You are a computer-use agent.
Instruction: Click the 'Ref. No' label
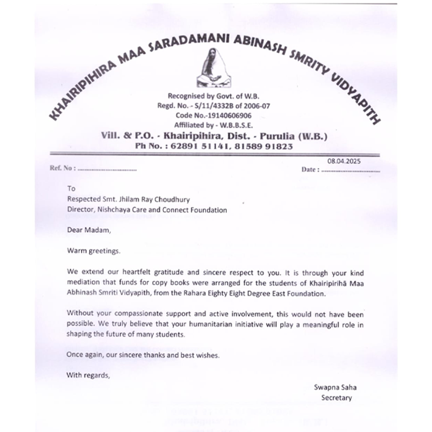coord(60,169)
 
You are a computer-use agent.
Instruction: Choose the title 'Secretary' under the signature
coord(336,398)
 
